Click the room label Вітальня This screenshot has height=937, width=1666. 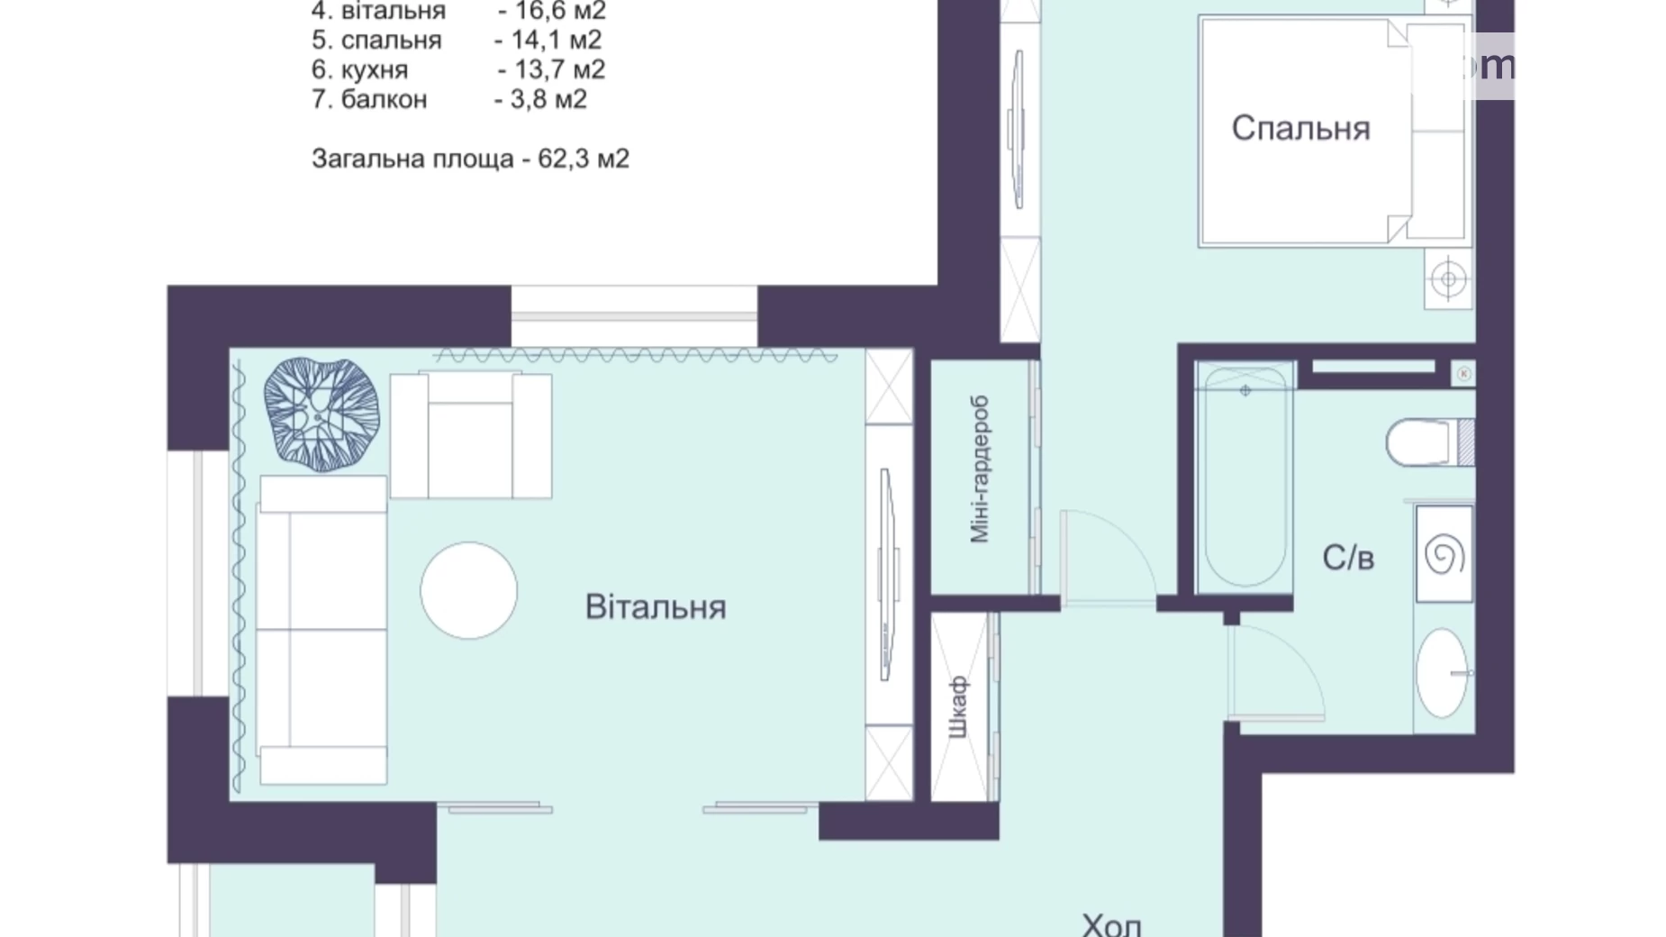click(x=656, y=607)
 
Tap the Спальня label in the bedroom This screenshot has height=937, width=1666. click(x=1300, y=129)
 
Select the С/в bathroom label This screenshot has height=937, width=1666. click(x=1347, y=559)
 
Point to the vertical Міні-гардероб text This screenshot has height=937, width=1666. click(x=980, y=469)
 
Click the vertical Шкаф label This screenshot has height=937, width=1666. click(x=958, y=707)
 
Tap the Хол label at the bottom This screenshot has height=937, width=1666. click(x=1111, y=924)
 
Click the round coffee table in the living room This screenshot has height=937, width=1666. click(x=468, y=590)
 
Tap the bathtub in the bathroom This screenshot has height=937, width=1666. click(x=1245, y=476)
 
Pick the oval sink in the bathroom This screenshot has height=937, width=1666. click(x=1441, y=673)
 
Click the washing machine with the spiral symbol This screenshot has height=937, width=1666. click(x=1444, y=554)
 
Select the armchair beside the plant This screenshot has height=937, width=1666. click(x=470, y=436)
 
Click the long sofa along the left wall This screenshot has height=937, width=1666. click(x=322, y=629)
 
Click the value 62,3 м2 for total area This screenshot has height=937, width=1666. click(x=583, y=159)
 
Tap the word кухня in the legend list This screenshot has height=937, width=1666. click(x=374, y=69)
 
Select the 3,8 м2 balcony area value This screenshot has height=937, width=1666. click(x=548, y=99)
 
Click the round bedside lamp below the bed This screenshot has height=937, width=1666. click(x=1448, y=278)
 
